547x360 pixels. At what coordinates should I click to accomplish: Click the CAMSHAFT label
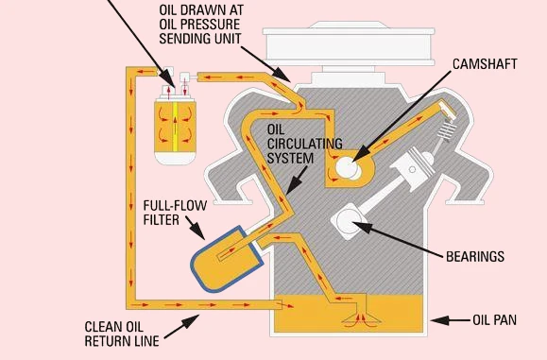click(x=485, y=64)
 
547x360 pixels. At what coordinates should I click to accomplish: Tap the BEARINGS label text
click(x=475, y=257)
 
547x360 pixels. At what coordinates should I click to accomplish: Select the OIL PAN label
click(x=494, y=320)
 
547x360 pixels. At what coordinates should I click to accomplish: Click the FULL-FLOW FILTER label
click(x=175, y=213)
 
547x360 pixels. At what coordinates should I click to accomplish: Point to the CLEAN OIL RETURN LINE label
click(x=122, y=334)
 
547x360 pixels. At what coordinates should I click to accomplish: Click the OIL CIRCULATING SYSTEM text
click(x=304, y=144)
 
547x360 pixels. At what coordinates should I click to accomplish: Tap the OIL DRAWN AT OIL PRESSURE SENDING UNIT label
click(x=201, y=24)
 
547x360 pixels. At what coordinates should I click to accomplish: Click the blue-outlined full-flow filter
click(x=227, y=260)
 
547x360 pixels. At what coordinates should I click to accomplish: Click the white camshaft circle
click(x=348, y=167)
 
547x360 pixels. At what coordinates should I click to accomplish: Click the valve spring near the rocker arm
click(x=447, y=130)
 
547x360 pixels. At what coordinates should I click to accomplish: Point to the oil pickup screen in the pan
click(x=362, y=318)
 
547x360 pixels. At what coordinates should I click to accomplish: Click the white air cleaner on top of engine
click(x=349, y=44)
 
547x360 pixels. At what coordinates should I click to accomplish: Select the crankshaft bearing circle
click(x=349, y=221)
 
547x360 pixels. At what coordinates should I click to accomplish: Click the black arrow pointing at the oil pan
click(x=451, y=320)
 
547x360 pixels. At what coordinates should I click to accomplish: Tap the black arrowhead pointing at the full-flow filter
click(x=198, y=231)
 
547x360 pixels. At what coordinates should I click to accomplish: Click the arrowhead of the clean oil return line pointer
click(x=191, y=321)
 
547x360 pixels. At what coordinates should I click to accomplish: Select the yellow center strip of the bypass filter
click(x=175, y=127)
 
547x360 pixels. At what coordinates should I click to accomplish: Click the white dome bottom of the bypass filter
click(x=175, y=158)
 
